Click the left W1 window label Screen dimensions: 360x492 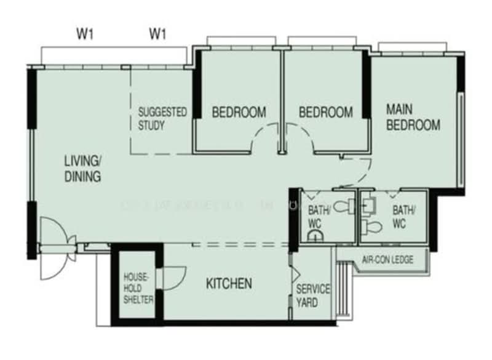point(84,34)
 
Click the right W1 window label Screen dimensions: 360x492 point(157,34)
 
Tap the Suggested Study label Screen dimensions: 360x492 point(162,119)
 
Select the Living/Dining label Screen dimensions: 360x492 point(82,169)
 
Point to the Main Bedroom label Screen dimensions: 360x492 point(413,117)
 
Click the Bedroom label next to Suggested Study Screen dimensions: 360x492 point(239,112)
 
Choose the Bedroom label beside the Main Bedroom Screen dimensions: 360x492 point(325,112)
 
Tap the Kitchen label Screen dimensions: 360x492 point(228,284)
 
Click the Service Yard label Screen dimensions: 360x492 point(313,295)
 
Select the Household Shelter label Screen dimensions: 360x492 point(137,288)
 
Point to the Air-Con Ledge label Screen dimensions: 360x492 point(387,260)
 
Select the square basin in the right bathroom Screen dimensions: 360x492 point(368,204)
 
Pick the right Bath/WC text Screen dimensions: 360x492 point(403,217)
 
